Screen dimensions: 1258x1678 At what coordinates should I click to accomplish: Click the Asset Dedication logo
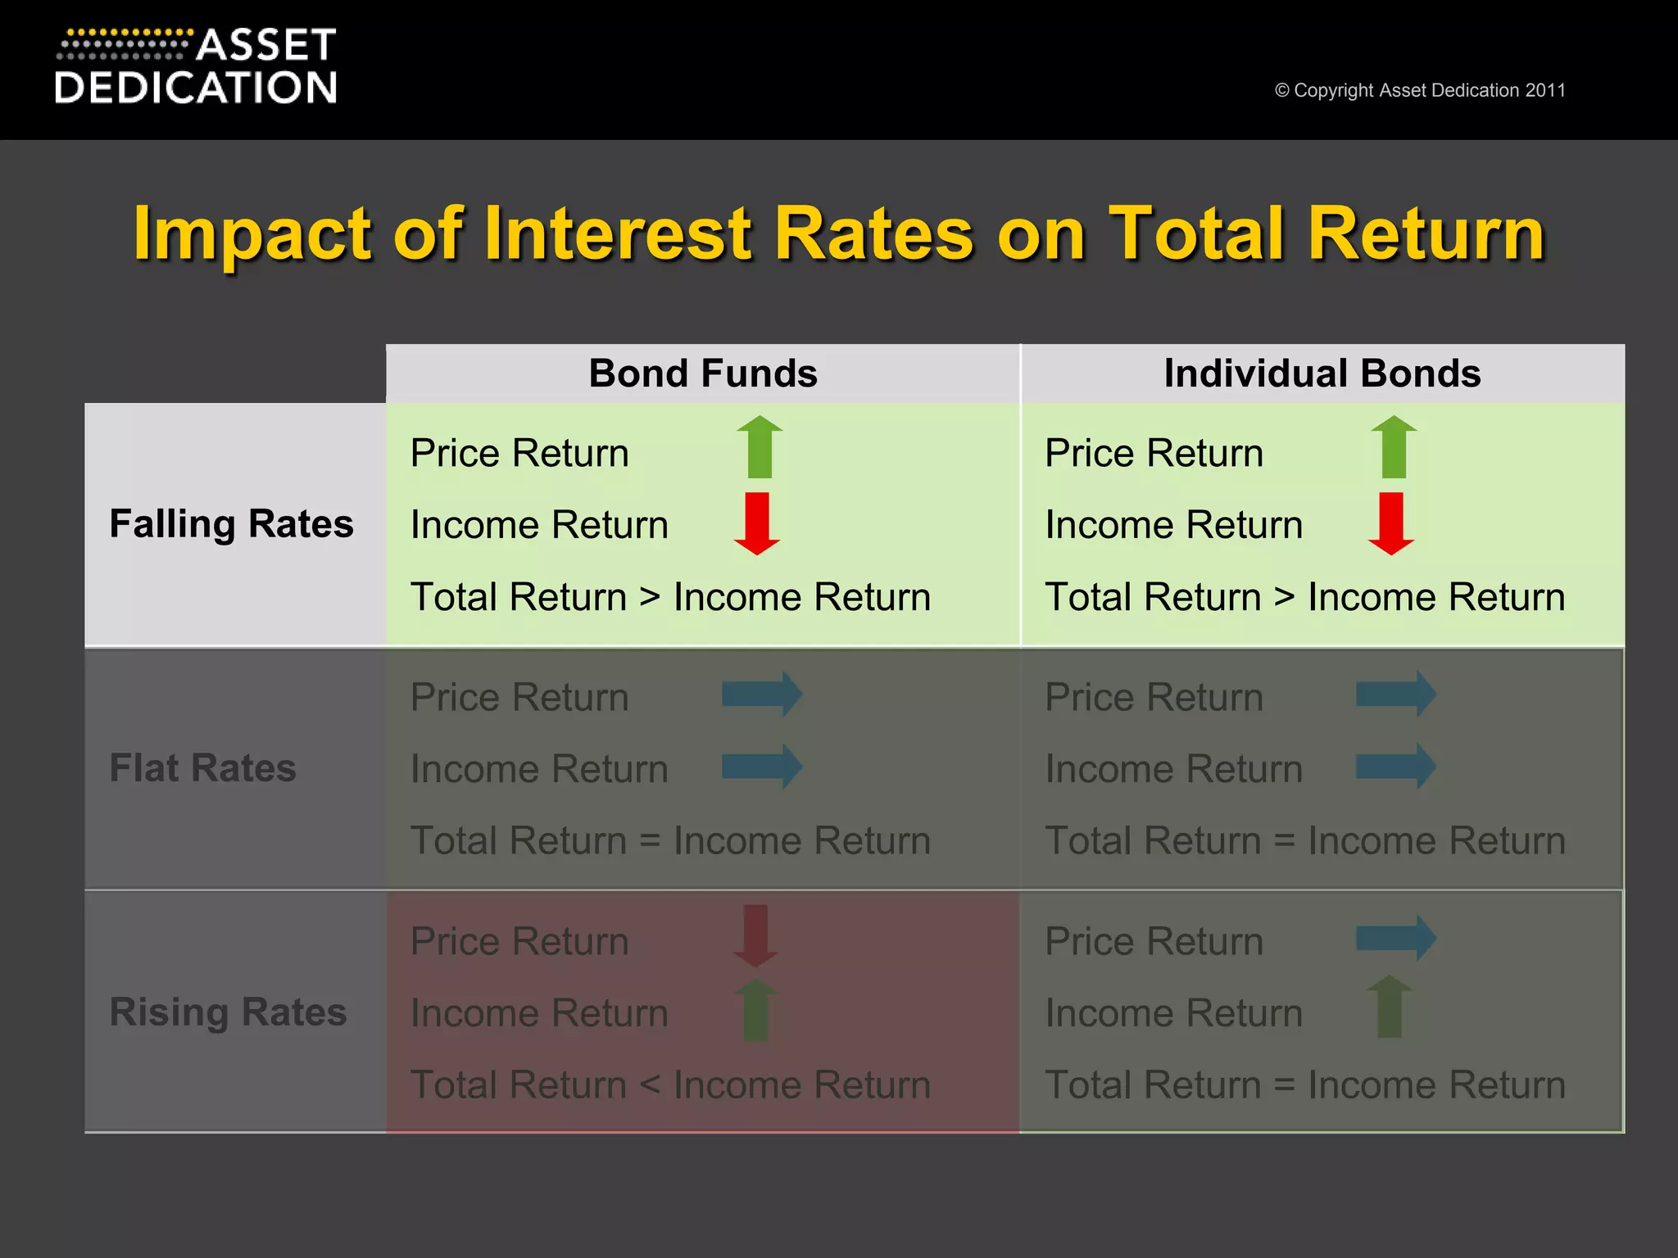click(x=196, y=67)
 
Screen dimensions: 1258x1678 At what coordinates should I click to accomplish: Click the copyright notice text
click(x=1420, y=90)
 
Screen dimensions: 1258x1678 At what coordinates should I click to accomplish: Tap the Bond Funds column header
click(x=703, y=373)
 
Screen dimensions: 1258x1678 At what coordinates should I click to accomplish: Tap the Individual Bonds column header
click(x=1322, y=373)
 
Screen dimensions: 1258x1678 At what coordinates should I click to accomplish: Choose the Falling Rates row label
click(x=231, y=524)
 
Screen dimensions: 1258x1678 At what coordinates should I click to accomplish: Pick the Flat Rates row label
click(x=202, y=768)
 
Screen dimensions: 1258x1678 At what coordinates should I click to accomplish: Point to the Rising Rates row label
click(x=228, y=1012)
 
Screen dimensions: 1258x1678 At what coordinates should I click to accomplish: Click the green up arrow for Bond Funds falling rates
click(x=760, y=446)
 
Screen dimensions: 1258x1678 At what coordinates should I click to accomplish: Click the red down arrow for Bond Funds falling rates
click(x=757, y=523)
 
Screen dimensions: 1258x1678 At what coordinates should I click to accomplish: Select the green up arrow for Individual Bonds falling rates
click(x=1394, y=446)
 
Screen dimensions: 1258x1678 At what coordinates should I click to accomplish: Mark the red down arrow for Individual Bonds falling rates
click(x=1391, y=523)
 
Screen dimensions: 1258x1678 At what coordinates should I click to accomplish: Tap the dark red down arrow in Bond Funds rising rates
click(x=755, y=935)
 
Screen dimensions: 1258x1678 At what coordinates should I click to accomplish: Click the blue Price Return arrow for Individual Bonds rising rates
click(x=1396, y=938)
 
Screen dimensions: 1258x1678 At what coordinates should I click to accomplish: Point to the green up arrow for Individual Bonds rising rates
click(x=1390, y=1007)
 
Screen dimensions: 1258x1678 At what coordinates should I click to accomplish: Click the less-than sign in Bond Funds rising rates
click(x=650, y=1085)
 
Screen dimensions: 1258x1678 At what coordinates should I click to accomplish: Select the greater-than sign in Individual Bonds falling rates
click(x=1284, y=597)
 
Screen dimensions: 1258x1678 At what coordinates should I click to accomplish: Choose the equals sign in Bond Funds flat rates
click(x=650, y=841)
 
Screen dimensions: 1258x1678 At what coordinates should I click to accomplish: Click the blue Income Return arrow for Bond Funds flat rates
click(x=762, y=767)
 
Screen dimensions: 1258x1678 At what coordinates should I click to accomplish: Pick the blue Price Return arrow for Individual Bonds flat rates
click(x=1396, y=695)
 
